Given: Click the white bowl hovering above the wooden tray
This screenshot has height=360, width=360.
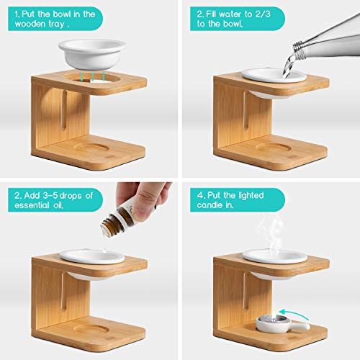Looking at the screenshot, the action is coord(92,54).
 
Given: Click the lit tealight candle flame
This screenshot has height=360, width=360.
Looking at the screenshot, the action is coord(274,313).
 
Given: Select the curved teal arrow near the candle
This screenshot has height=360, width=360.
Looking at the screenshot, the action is coord(294,312).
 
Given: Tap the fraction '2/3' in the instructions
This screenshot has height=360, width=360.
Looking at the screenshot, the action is coord(263,14).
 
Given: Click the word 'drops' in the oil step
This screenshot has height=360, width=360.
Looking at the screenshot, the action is coord(71,196).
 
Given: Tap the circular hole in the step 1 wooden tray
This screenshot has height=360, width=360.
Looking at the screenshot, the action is coord(92,78).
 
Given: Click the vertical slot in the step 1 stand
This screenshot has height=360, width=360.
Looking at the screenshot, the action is coord(64,110).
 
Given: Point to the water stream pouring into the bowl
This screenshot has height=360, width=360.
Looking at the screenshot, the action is coord(288,66).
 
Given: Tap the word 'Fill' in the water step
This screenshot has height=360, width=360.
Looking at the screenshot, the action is coord(211,14).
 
